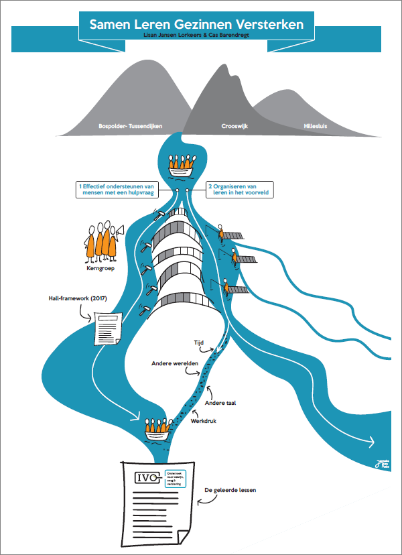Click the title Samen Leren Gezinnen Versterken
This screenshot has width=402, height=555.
(196, 24)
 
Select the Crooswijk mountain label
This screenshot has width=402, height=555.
(235, 125)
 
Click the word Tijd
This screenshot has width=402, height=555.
(198, 342)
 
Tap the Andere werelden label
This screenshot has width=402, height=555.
(174, 363)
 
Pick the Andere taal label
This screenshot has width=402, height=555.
(224, 403)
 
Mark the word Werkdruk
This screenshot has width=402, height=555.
(204, 422)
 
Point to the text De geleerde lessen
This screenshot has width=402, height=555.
(230, 489)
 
